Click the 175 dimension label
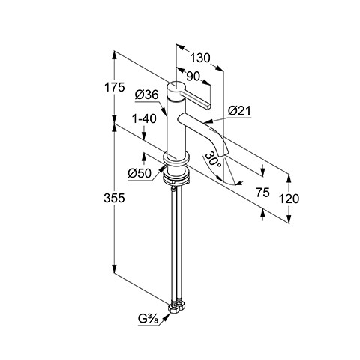(x=114, y=87)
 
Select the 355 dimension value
(x=114, y=199)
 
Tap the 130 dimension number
(x=200, y=58)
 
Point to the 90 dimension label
(x=193, y=76)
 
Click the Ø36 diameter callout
(x=147, y=94)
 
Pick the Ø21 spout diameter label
(x=239, y=111)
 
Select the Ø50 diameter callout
(x=139, y=173)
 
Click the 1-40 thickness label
(x=144, y=118)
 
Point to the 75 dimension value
(x=262, y=193)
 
